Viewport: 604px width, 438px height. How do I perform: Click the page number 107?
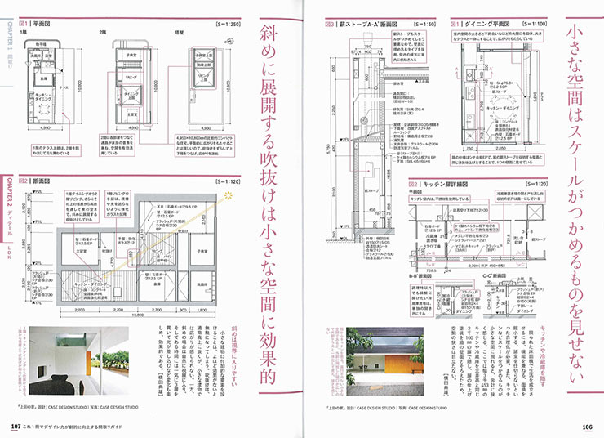point(16,425)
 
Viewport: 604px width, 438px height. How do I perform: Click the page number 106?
point(586,425)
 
